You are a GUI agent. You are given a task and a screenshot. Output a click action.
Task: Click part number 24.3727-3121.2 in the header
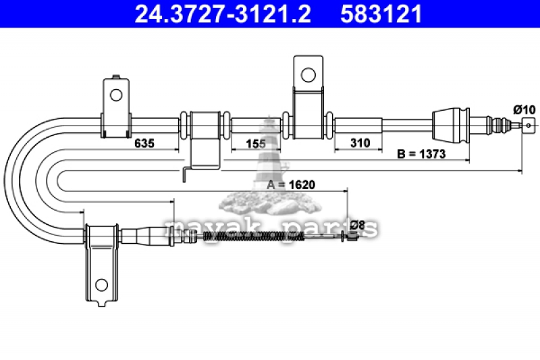coord(223,14)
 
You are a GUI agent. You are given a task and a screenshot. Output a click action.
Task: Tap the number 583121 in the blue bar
coord(381,14)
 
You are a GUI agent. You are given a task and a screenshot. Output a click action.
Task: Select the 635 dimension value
coord(144,143)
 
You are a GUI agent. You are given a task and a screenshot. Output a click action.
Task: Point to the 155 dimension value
coord(256,144)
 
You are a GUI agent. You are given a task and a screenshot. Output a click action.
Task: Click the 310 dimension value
coord(360,143)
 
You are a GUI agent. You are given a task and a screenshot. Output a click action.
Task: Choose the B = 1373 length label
coord(421,153)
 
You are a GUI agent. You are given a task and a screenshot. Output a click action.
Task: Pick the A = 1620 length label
coord(291,184)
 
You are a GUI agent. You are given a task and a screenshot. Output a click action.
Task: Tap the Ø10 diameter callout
coord(524,110)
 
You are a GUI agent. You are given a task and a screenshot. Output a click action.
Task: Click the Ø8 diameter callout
coord(357,225)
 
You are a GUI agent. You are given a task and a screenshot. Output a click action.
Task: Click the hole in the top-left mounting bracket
coord(116,95)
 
